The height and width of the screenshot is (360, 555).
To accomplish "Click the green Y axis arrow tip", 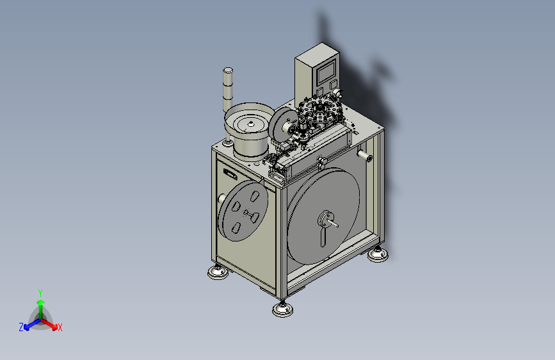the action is tap(41, 302).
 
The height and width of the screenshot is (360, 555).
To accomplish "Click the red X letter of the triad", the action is tap(60, 327).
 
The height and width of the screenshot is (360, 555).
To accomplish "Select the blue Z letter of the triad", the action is tap(21, 327).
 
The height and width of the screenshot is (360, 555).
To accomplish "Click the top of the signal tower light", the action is tap(228, 70).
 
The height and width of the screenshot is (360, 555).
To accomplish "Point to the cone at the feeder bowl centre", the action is tap(251, 123).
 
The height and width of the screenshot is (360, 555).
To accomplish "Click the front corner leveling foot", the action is tap(283, 309).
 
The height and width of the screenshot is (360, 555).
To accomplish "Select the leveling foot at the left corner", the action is tap(218, 272).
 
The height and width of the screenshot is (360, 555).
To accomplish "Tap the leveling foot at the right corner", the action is tap(378, 254).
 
